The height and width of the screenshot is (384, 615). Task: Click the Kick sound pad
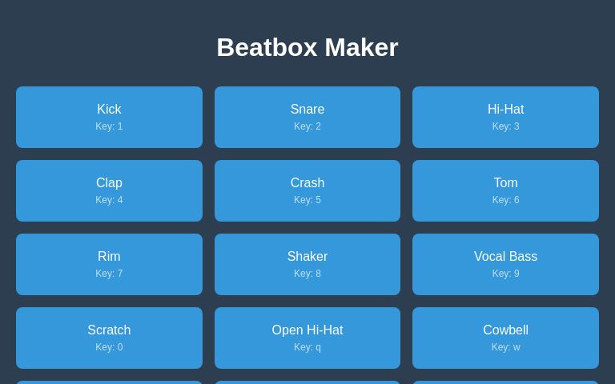[x=109, y=117]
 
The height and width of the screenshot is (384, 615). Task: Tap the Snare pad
[x=307, y=117]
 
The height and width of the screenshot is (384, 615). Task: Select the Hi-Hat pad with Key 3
[x=505, y=117]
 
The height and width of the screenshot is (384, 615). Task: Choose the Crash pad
[x=307, y=190]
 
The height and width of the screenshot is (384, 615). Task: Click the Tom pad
[x=505, y=190]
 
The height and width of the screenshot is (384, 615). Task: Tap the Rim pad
[x=109, y=264]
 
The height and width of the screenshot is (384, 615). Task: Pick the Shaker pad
[x=307, y=264]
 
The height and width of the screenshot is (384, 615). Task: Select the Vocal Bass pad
[x=505, y=264]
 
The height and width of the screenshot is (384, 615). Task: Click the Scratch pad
[x=109, y=338]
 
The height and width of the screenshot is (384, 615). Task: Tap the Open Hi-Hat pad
[x=307, y=338]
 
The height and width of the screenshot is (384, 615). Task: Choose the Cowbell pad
[x=505, y=338]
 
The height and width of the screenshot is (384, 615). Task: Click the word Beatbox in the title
[x=267, y=47]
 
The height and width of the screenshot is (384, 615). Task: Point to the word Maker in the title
[x=361, y=47]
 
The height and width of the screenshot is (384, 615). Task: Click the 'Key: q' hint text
[x=307, y=347]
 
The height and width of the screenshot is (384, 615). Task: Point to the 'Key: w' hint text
[x=505, y=347]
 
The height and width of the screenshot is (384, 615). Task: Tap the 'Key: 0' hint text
[x=109, y=347]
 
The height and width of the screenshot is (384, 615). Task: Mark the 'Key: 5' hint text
[x=307, y=200]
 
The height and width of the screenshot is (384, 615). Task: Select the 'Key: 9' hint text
[x=505, y=274]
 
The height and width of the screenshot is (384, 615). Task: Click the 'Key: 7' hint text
[x=109, y=274]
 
